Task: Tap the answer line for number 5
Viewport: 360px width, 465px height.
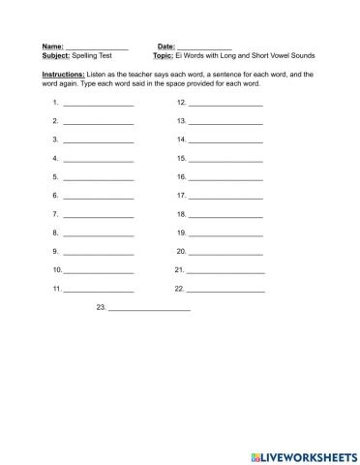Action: [x=98, y=178]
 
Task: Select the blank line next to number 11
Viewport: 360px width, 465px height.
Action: [x=98, y=290]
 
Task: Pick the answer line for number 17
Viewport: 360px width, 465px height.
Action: [x=225, y=197]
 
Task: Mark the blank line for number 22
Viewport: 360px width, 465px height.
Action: [x=225, y=290]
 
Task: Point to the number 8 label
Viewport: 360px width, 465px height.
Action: [x=56, y=233]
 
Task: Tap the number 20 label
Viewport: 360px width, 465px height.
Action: [x=181, y=252]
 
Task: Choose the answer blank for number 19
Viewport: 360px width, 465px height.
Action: [x=225, y=233]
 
